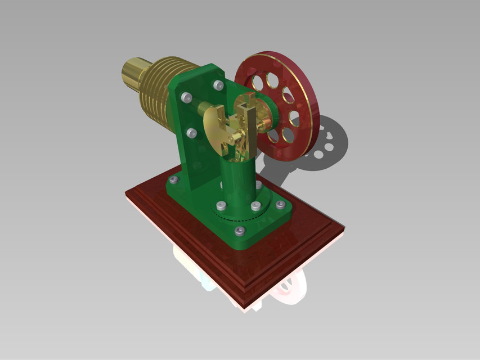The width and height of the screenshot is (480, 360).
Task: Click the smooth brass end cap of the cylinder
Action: point(133,74)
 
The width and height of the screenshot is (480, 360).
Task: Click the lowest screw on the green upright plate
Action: point(191,133)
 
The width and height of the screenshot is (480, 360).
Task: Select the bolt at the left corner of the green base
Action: point(173,180)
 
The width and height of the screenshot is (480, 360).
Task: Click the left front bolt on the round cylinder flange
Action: point(222,206)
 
